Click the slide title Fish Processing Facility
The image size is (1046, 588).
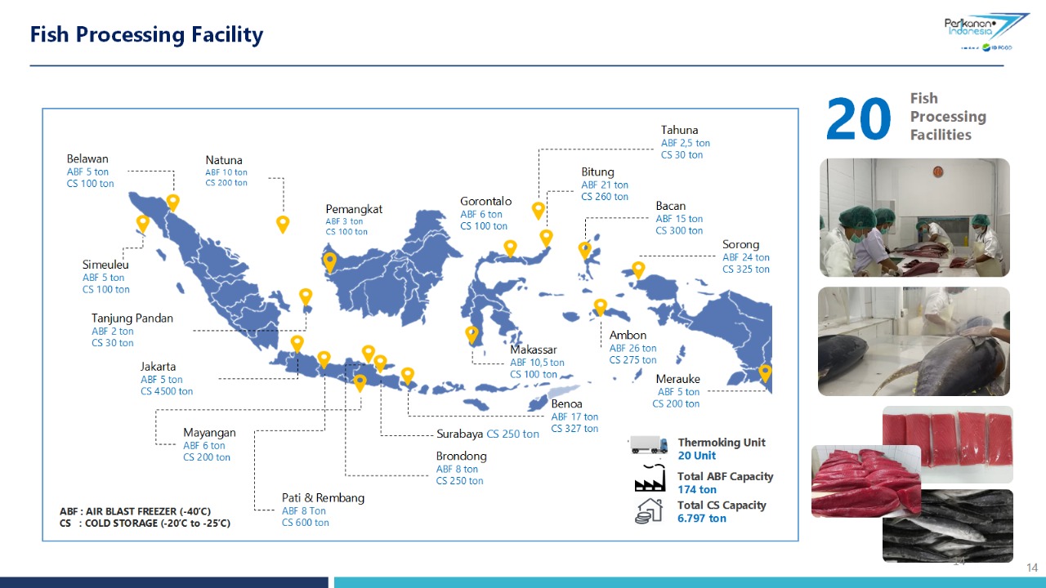click(x=146, y=35)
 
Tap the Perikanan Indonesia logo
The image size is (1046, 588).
click(x=986, y=31)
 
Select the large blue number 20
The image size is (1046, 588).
click(x=858, y=118)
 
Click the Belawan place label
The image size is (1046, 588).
click(x=87, y=158)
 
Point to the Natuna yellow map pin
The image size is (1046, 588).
click(x=283, y=225)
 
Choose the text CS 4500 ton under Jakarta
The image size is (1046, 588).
click(x=167, y=391)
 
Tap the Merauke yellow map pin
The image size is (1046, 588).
click(x=765, y=373)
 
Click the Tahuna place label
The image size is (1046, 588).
click(x=679, y=130)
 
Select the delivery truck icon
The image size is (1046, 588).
click(x=648, y=444)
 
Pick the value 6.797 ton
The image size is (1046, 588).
click(x=702, y=518)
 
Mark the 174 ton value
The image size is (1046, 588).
click(x=697, y=489)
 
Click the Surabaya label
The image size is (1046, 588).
click(x=459, y=434)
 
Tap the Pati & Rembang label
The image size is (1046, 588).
click(x=323, y=498)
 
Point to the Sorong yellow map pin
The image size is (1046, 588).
click(x=638, y=270)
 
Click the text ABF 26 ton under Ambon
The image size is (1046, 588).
click(x=633, y=348)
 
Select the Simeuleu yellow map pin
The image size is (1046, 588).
click(x=142, y=224)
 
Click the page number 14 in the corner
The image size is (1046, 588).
click(x=1032, y=568)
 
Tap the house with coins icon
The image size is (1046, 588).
click(x=649, y=511)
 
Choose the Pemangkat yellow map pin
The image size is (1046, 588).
click(x=329, y=263)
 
